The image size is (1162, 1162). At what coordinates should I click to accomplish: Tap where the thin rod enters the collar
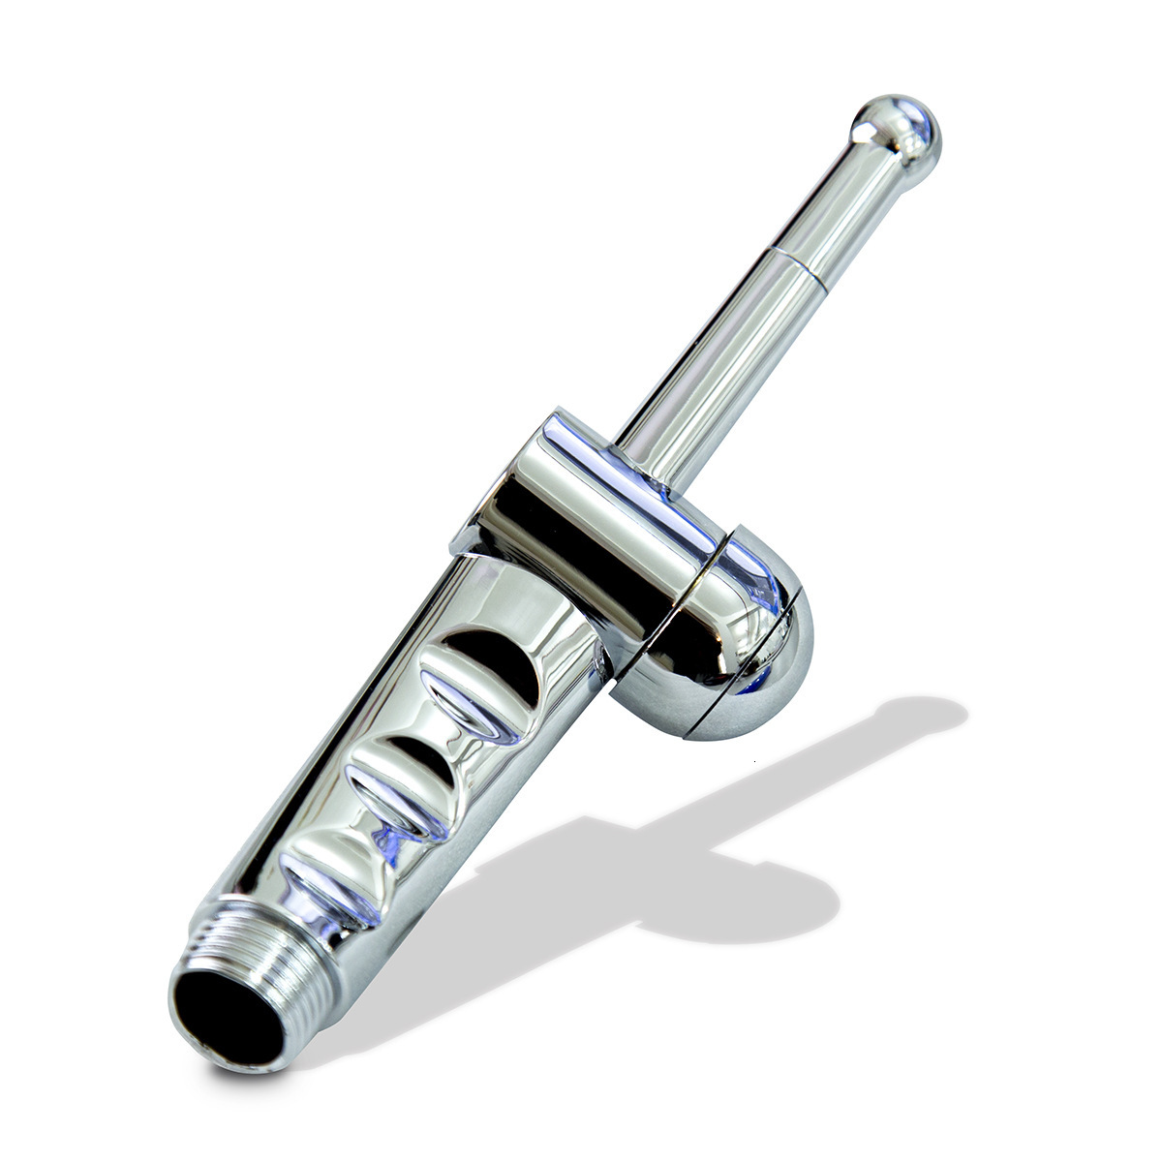644,434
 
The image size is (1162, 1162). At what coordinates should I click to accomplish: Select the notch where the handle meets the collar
455,552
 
